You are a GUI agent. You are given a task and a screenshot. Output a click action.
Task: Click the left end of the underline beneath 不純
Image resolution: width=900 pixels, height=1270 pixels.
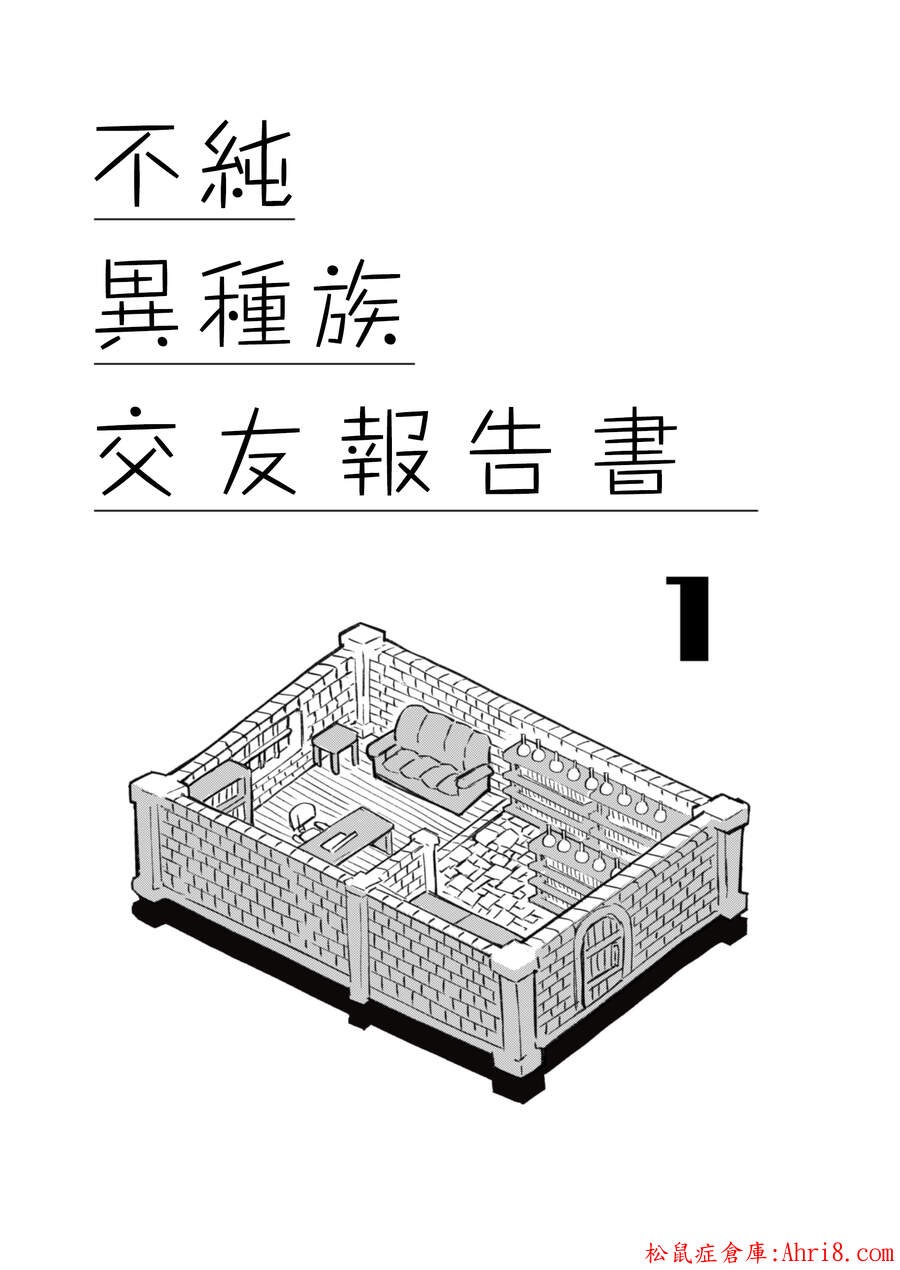pos(95,218)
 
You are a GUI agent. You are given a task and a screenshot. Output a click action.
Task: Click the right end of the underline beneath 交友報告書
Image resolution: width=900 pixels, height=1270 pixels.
pos(758,510)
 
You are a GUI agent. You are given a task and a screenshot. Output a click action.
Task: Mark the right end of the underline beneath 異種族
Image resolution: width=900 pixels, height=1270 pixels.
pos(415,363)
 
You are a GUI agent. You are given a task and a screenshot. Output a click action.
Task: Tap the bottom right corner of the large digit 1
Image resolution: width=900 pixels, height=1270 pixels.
pos(709,661)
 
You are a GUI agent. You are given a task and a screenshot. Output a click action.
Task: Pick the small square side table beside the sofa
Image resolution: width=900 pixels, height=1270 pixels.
pos(335,743)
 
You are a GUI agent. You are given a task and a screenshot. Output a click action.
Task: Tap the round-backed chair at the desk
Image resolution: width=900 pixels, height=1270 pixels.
pos(301,819)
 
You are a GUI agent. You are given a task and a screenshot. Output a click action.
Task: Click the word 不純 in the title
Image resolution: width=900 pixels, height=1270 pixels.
pos(193,163)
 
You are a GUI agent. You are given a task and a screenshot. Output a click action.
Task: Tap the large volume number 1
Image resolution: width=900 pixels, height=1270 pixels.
pos(687,619)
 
